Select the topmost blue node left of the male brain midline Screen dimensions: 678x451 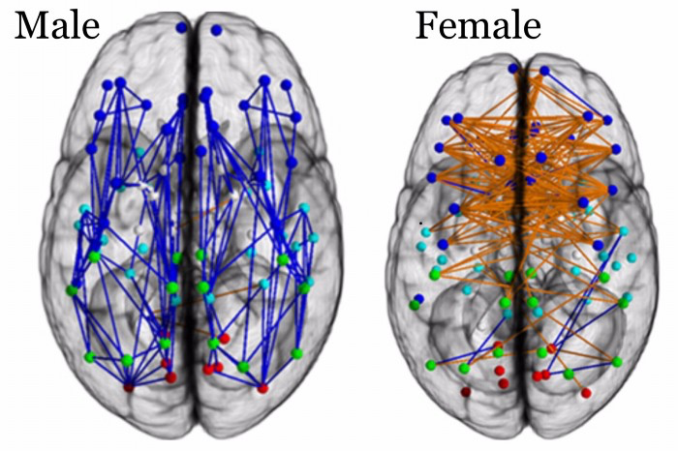click(181, 29)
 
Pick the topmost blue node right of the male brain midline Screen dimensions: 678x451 click(215, 31)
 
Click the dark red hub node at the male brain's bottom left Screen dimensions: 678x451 click(129, 387)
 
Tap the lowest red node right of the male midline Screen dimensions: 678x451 click(262, 388)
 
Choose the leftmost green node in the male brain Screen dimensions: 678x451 click(72, 289)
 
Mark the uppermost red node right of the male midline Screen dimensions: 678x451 click(225, 338)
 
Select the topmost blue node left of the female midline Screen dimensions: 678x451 click(513, 68)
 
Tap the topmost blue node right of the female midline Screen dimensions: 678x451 click(544, 70)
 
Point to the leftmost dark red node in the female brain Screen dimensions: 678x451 click(466, 392)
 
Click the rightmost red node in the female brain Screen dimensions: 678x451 click(586, 393)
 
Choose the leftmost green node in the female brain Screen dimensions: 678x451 click(414, 304)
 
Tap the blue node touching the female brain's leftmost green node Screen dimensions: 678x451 click(419, 297)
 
